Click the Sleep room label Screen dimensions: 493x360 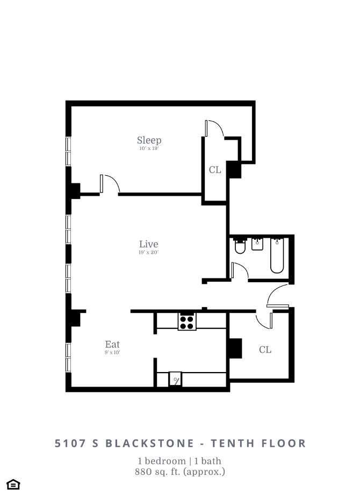click(x=149, y=140)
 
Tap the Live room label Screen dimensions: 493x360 click(x=149, y=244)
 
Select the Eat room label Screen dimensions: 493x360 click(x=112, y=344)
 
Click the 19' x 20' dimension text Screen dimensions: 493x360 click(x=149, y=252)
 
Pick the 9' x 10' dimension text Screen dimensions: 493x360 click(x=112, y=353)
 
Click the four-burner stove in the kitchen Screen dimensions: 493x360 click(x=187, y=321)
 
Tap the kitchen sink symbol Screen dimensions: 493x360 click(x=176, y=379)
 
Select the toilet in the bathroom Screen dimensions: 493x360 click(x=240, y=247)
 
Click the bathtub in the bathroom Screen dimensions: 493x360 click(x=277, y=255)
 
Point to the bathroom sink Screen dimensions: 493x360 click(x=257, y=244)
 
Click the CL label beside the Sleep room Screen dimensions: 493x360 click(x=215, y=170)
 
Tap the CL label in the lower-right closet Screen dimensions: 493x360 click(x=265, y=350)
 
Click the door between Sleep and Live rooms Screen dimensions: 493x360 click(x=110, y=184)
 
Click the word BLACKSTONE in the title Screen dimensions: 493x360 click(x=149, y=444)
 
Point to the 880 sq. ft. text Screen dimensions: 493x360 click(x=179, y=472)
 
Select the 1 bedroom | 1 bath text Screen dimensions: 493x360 click(x=179, y=461)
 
